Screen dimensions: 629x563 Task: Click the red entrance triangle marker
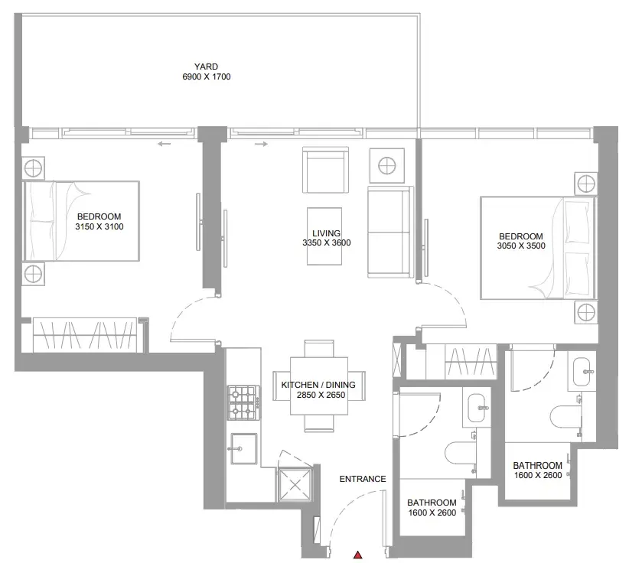click(358, 555)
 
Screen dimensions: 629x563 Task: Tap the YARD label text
click(206, 67)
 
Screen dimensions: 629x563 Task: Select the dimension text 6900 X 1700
click(207, 76)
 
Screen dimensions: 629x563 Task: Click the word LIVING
click(327, 233)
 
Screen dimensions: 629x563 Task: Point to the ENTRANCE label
click(363, 479)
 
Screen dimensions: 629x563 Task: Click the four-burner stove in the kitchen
click(244, 402)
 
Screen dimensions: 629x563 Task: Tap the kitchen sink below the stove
click(243, 448)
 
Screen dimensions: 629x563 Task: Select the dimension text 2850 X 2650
click(321, 395)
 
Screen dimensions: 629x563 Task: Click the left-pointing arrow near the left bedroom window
click(164, 144)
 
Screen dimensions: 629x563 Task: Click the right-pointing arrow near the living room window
click(261, 144)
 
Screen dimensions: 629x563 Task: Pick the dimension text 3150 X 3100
click(99, 226)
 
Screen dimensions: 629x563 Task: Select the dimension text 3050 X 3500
click(521, 246)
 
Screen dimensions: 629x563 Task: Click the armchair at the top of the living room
click(325, 170)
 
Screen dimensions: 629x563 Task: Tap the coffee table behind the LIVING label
click(324, 236)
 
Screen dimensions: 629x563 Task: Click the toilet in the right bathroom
click(565, 418)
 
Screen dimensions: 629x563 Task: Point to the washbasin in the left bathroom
click(477, 408)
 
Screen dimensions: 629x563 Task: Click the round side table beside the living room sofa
click(386, 166)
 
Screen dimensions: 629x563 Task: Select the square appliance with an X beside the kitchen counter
click(295, 485)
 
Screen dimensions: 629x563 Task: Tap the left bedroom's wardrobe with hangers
click(88, 335)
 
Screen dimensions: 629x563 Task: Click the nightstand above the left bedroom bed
click(34, 168)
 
